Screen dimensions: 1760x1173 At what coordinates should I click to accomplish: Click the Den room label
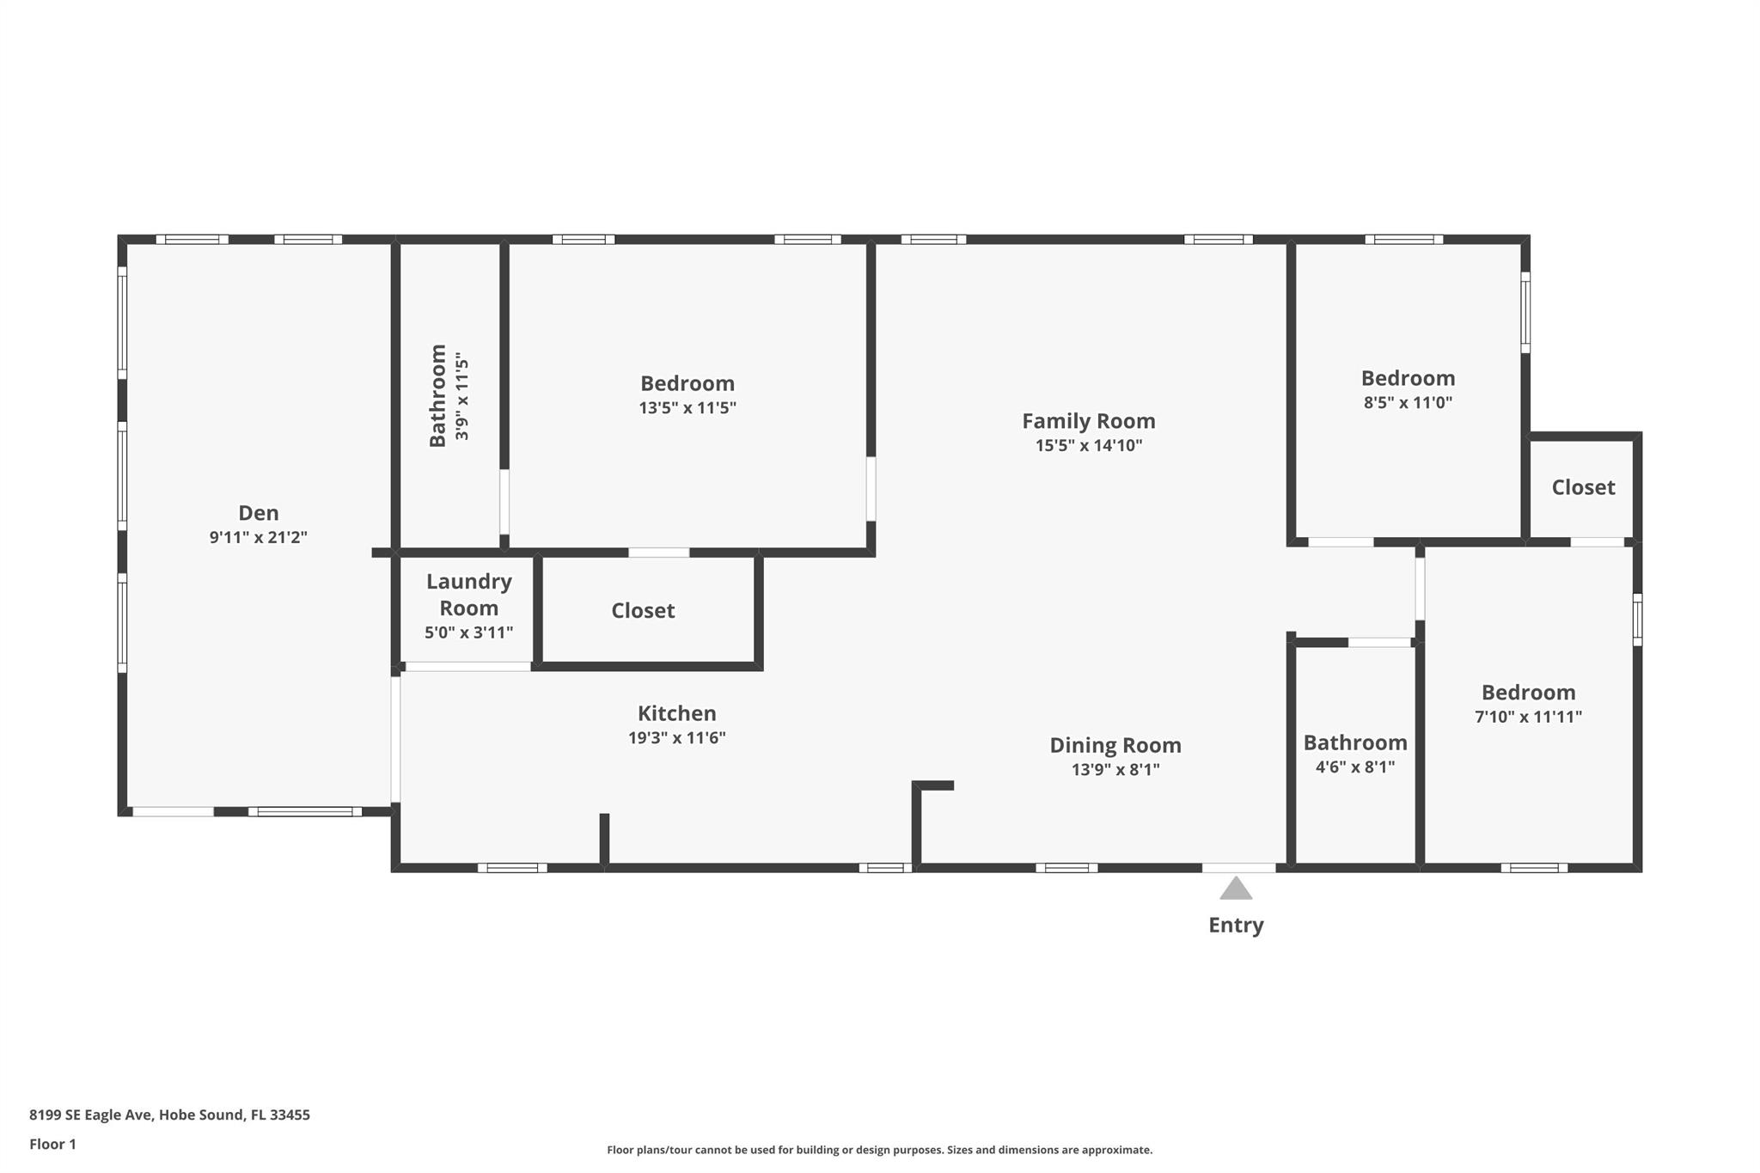(258, 513)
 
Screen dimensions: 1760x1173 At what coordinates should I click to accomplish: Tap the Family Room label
(1088, 421)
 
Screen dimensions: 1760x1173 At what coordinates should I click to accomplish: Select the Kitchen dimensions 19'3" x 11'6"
(676, 737)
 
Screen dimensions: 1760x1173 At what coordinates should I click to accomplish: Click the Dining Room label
(1115, 745)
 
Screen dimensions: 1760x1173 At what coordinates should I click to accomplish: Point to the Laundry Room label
(469, 595)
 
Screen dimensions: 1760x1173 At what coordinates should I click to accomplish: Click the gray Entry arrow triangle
(1236, 888)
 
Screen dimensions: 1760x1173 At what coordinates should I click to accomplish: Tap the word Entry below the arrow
(1236, 926)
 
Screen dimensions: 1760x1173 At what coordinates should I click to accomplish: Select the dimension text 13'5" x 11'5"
(687, 407)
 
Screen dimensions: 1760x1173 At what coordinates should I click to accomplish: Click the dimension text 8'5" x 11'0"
(1408, 402)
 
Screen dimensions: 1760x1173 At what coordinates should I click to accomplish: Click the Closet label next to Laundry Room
(643, 611)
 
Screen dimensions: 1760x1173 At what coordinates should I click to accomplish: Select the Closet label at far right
(1583, 487)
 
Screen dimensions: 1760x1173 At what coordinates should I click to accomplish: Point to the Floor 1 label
(52, 1144)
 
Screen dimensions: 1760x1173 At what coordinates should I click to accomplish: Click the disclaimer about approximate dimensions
(879, 1150)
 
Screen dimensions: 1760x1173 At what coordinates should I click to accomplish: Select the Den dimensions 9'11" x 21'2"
(258, 537)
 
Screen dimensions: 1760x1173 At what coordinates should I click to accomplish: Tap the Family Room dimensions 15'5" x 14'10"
(1088, 445)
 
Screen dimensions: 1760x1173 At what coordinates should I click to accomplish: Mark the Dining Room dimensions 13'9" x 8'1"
(1115, 769)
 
